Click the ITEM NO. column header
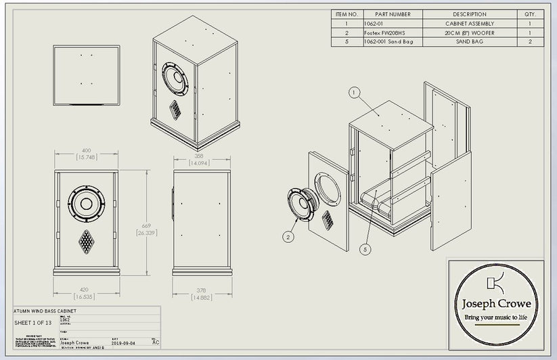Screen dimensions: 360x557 pos(347,14)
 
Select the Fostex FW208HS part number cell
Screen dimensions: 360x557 pos(388,32)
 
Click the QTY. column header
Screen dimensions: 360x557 pos(529,14)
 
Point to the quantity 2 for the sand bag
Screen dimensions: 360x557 pos(529,42)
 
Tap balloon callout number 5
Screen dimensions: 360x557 pos(366,249)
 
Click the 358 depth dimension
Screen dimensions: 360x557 pos(198,159)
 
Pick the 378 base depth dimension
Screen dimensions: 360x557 pos(198,292)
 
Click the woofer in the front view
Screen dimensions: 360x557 pos(87,204)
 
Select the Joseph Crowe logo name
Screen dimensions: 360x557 pos(497,304)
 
